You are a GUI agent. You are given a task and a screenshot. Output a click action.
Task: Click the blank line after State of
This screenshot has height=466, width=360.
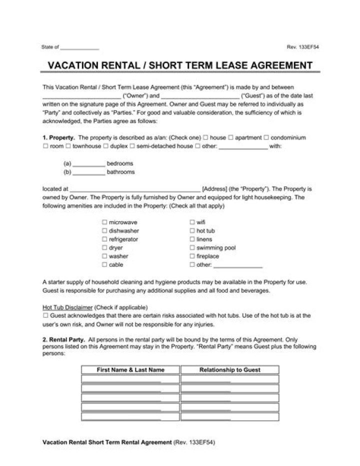[x=79, y=48]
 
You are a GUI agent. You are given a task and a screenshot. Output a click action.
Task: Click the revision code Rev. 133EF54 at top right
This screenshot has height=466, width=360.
[x=302, y=47]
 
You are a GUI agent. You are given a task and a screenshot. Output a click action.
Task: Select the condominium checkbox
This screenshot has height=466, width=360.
[x=266, y=138]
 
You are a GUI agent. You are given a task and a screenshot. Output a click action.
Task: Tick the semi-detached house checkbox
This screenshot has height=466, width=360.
[x=132, y=146]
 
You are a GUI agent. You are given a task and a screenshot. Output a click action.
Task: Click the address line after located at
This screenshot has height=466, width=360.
[x=135, y=189]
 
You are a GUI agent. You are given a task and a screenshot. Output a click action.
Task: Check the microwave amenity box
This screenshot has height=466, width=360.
[x=105, y=222]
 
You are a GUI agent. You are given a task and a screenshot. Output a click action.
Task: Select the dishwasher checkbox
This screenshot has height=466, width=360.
[x=105, y=231]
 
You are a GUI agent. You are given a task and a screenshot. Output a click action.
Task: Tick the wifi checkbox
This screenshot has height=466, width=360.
[x=192, y=222]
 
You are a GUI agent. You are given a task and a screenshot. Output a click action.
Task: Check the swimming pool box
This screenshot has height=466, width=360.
[x=192, y=248]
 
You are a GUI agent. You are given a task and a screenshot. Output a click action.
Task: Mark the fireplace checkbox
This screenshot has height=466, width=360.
[x=192, y=256]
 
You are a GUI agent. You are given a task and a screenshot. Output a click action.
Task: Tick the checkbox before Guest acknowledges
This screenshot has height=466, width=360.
[x=45, y=316]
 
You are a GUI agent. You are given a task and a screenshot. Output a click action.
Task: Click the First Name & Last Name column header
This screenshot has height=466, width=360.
[x=130, y=370]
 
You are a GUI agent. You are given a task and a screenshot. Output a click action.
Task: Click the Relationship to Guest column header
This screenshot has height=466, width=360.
[x=229, y=370]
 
